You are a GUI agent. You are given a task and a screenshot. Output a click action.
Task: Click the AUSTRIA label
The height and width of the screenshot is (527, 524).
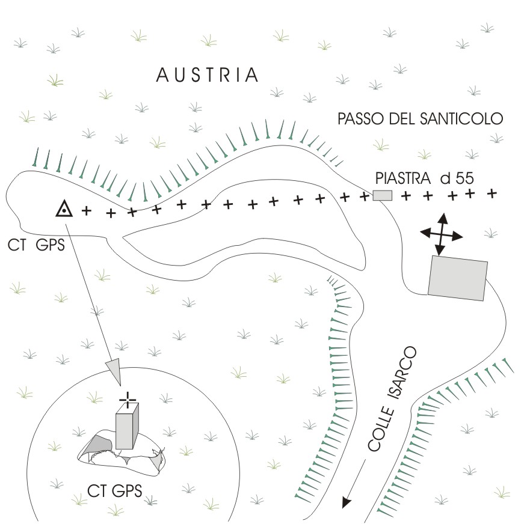click(x=208, y=75)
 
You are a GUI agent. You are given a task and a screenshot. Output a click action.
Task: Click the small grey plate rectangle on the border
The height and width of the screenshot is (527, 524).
click(x=382, y=195)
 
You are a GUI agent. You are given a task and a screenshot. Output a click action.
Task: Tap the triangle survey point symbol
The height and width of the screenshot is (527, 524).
click(x=64, y=209)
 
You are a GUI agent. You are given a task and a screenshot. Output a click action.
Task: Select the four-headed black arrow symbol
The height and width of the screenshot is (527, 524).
click(x=442, y=235)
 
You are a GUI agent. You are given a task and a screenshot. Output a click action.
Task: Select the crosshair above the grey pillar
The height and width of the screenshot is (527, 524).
click(x=127, y=398)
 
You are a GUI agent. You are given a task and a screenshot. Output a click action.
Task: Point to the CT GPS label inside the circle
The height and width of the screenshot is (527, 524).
click(x=114, y=491)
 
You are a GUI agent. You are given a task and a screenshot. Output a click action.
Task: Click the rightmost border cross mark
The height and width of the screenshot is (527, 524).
click(x=492, y=193)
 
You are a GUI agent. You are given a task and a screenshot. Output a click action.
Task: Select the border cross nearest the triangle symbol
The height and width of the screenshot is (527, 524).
click(x=86, y=211)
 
